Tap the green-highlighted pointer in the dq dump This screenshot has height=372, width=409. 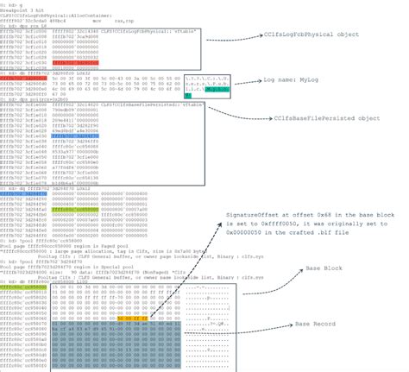[x=67, y=208]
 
